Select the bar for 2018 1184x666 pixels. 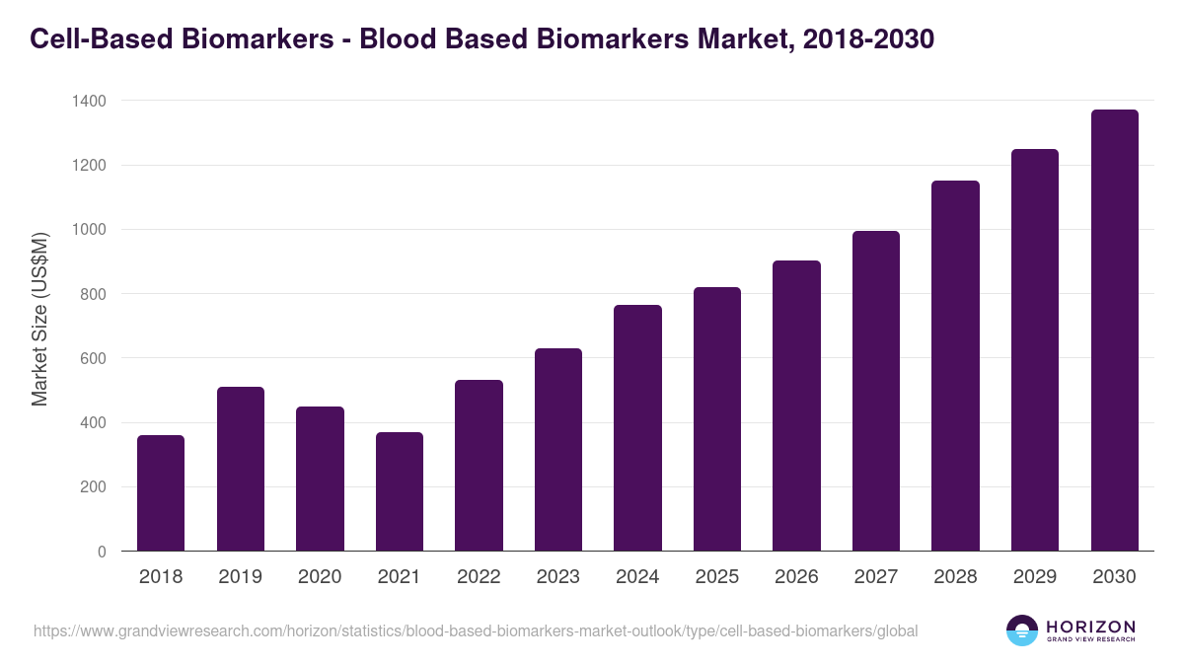pyautogui.click(x=161, y=493)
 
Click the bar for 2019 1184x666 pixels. pyautogui.click(x=241, y=469)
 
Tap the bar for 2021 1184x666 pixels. pyautogui.click(x=400, y=491)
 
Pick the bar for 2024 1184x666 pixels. pyautogui.click(x=637, y=428)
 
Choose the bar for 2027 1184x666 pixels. pyautogui.click(x=876, y=391)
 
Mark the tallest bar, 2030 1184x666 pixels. pyautogui.click(x=1114, y=331)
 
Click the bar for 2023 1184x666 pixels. pyautogui.click(x=558, y=450)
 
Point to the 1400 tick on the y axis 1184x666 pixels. pyautogui.click(x=89, y=101)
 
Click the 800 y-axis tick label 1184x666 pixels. pyautogui.click(x=93, y=294)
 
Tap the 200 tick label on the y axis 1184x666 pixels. pyautogui.click(x=93, y=487)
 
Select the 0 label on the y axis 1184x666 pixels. pyautogui.click(x=103, y=552)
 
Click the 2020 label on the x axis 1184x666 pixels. pyautogui.click(x=320, y=577)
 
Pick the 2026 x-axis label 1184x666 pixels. pyautogui.click(x=796, y=577)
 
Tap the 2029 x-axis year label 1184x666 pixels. pyautogui.click(x=1035, y=577)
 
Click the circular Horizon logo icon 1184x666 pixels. pyautogui.click(x=1022, y=630)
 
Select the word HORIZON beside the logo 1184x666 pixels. pyautogui.click(x=1090, y=626)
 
